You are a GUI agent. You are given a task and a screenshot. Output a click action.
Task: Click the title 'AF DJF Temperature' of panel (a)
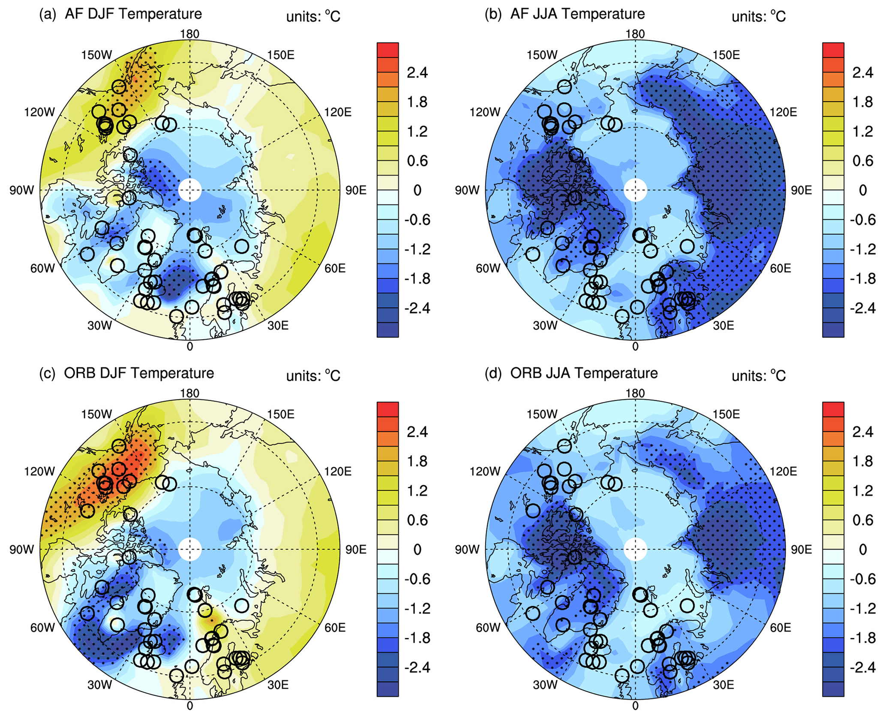click(x=133, y=14)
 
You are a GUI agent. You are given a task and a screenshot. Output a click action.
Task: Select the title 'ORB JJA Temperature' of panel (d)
click(x=584, y=373)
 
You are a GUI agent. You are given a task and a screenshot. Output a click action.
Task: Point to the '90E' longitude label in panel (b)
click(x=801, y=190)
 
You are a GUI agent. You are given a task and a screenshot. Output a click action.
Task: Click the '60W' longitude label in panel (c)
click(x=42, y=628)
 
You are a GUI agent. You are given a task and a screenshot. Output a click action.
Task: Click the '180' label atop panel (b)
click(x=635, y=34)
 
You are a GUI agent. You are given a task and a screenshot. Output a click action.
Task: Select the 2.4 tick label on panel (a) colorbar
click(x=417, y=73)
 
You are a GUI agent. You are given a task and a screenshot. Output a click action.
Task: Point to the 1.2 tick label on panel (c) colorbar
click(x=417, y=491)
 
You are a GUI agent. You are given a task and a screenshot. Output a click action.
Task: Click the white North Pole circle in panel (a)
click(x=189, y=190)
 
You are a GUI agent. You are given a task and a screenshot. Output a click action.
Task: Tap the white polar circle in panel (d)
click(x=635, y=550)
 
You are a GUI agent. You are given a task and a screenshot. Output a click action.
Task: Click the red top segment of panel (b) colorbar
click(x=833, y=50)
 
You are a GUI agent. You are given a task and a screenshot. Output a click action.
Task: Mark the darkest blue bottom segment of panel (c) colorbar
click(x=387, y=689)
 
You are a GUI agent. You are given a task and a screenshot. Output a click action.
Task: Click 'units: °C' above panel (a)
click(x=313, y=16)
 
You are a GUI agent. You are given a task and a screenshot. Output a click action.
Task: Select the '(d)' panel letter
click(x=493, y=373)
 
